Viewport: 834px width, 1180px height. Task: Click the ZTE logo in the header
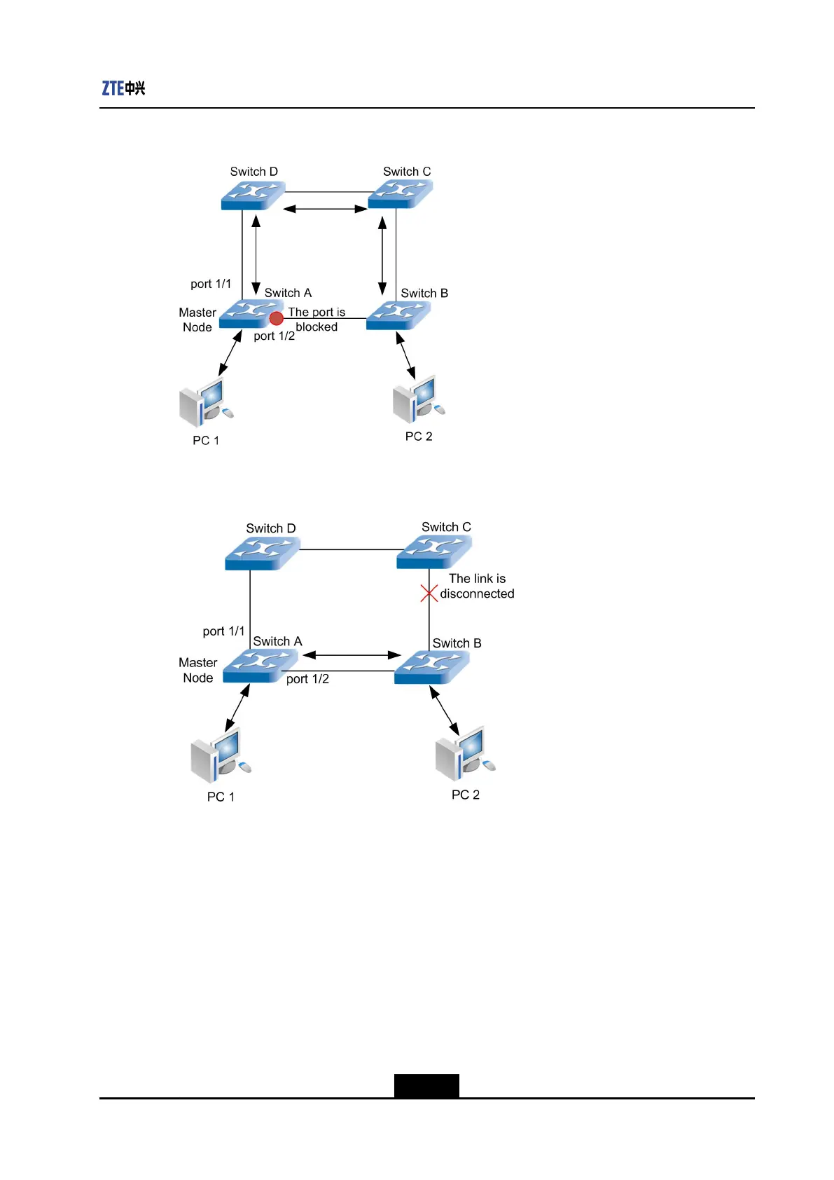pos(123,88)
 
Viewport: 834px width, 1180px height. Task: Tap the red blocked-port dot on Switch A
pos(277,319)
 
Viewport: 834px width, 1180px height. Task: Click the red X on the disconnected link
pos(429,594)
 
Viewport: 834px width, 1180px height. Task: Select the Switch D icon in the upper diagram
pos(253,195)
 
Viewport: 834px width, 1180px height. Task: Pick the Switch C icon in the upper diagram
pos(401,194)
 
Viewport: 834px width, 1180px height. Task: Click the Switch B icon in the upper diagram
pos(398,315)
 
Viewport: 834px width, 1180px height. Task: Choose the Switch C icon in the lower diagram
pos(434,551)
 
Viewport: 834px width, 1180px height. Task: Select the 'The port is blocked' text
pos(317,320)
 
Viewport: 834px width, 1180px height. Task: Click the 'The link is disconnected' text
pos(477,586)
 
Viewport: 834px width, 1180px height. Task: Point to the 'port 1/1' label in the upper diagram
pos(211,284)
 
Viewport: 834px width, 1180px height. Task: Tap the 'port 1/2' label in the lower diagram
pos(307,679)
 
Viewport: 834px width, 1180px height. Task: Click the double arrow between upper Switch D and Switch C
pos(326,209)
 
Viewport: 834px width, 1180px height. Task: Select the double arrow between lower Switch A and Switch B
pos(352,655)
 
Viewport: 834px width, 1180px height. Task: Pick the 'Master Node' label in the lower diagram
pos(198,670)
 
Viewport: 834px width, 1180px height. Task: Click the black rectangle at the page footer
pos(426,1085)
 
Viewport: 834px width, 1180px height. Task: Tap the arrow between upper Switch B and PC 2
pos(405,355)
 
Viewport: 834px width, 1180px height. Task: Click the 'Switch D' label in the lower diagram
pos(271,528)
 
